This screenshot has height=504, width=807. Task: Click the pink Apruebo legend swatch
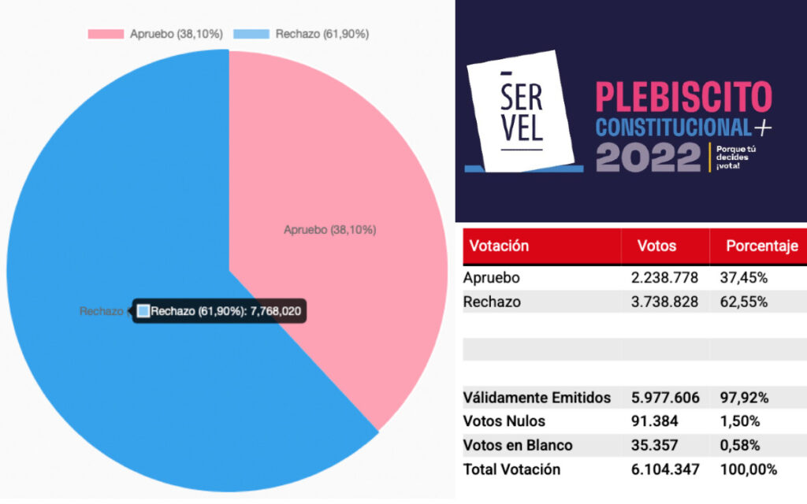106,34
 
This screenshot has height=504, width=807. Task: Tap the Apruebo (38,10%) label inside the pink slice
329,230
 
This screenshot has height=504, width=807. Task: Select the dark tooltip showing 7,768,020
218,311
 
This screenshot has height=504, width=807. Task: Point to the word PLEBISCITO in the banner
683,97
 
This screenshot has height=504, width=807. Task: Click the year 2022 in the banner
648,157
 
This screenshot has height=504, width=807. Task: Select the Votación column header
499,246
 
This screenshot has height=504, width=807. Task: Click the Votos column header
656,246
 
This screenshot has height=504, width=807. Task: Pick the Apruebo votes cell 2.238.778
665,278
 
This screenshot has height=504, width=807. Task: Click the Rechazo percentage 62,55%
743,302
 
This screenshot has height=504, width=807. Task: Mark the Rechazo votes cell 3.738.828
665,302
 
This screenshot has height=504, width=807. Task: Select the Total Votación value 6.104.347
665,469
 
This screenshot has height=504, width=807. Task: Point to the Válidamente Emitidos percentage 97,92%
743,398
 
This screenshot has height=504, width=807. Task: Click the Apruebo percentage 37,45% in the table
743,278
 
